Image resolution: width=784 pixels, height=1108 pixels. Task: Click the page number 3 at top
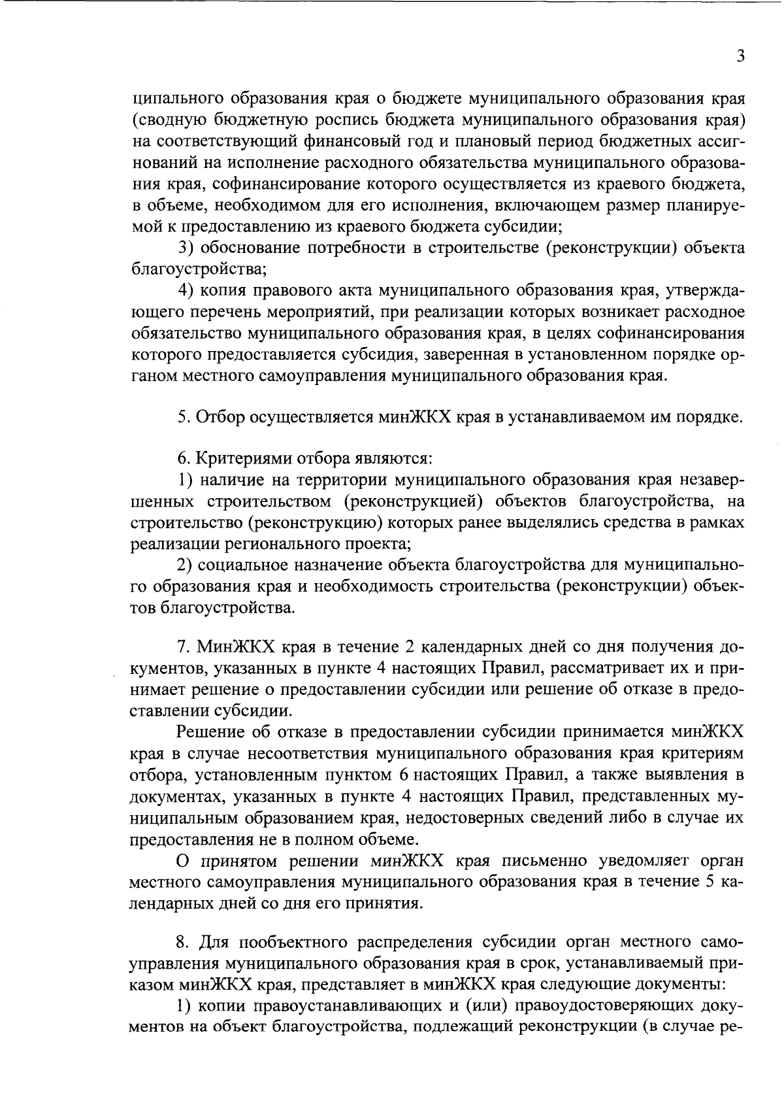pyautogui.click(x=740, y=56)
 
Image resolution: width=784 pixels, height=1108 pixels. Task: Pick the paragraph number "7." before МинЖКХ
pyautogui.click(x=183, y=648)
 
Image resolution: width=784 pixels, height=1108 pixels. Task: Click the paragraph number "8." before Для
pyautogui.click(x=183, y=943)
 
